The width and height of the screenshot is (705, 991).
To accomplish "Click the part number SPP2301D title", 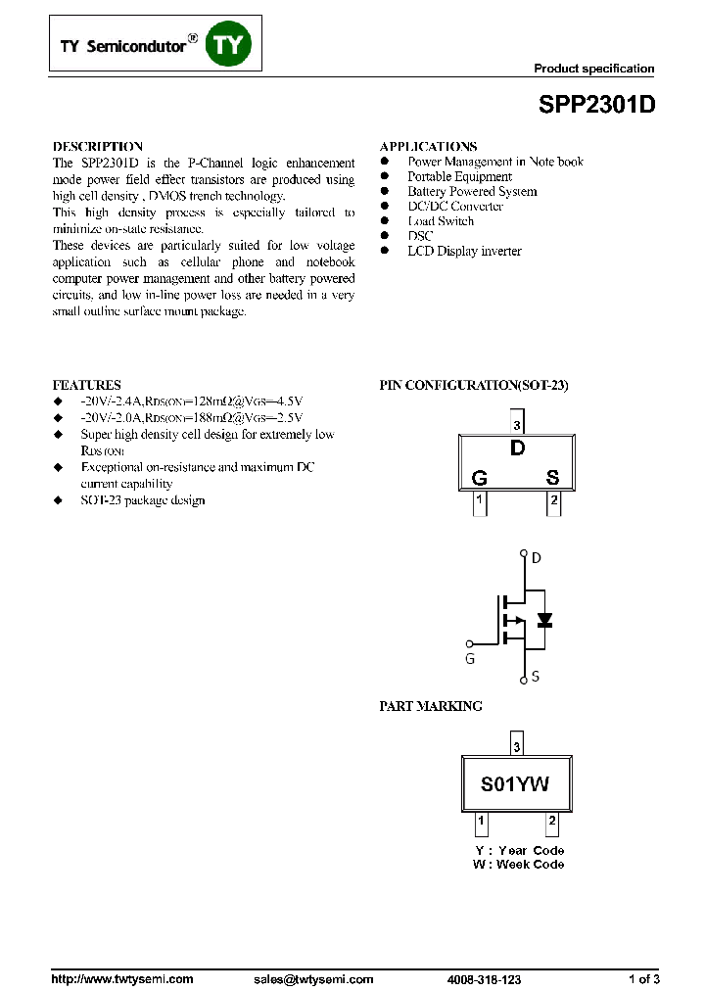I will [595, 106].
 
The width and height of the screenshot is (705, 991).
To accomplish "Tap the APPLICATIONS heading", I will [428, 146].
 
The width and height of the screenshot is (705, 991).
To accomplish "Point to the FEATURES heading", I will [86, 385].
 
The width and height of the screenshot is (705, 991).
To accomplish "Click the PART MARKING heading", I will [430, 706].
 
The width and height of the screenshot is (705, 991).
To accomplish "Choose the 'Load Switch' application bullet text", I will [441, 221].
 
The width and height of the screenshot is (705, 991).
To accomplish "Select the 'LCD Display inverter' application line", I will [464, 252].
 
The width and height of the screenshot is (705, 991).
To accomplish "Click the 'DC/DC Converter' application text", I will [455, 207].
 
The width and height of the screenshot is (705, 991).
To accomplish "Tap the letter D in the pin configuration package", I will [517, 449].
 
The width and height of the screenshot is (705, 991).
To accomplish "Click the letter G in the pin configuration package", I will [480, 478].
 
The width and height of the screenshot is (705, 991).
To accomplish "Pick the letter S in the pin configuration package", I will [552, 478].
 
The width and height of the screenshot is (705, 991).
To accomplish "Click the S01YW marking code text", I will [515, 784].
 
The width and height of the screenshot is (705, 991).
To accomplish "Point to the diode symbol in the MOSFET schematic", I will [543, 620].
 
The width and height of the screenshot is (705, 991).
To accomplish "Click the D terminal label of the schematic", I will [536, 558].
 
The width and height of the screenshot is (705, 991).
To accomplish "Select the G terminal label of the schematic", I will [470, 659].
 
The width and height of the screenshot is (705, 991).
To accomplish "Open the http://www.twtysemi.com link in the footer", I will [121, 979].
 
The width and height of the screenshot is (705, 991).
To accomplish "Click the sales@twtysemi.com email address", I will [313, 979].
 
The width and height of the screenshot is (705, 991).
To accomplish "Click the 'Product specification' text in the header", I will [593, 69].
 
